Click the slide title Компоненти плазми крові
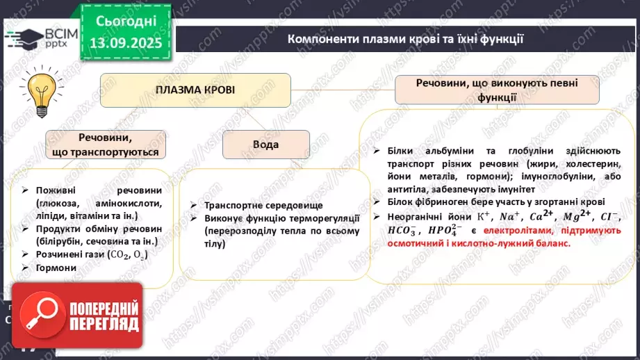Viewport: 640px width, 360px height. click(405, 40)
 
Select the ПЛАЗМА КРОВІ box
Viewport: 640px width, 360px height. click(195, 90)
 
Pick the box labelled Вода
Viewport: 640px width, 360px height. click(265, 145)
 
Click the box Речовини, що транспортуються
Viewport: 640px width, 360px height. click(106, 145)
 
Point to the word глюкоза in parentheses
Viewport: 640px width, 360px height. click(49, 204)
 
